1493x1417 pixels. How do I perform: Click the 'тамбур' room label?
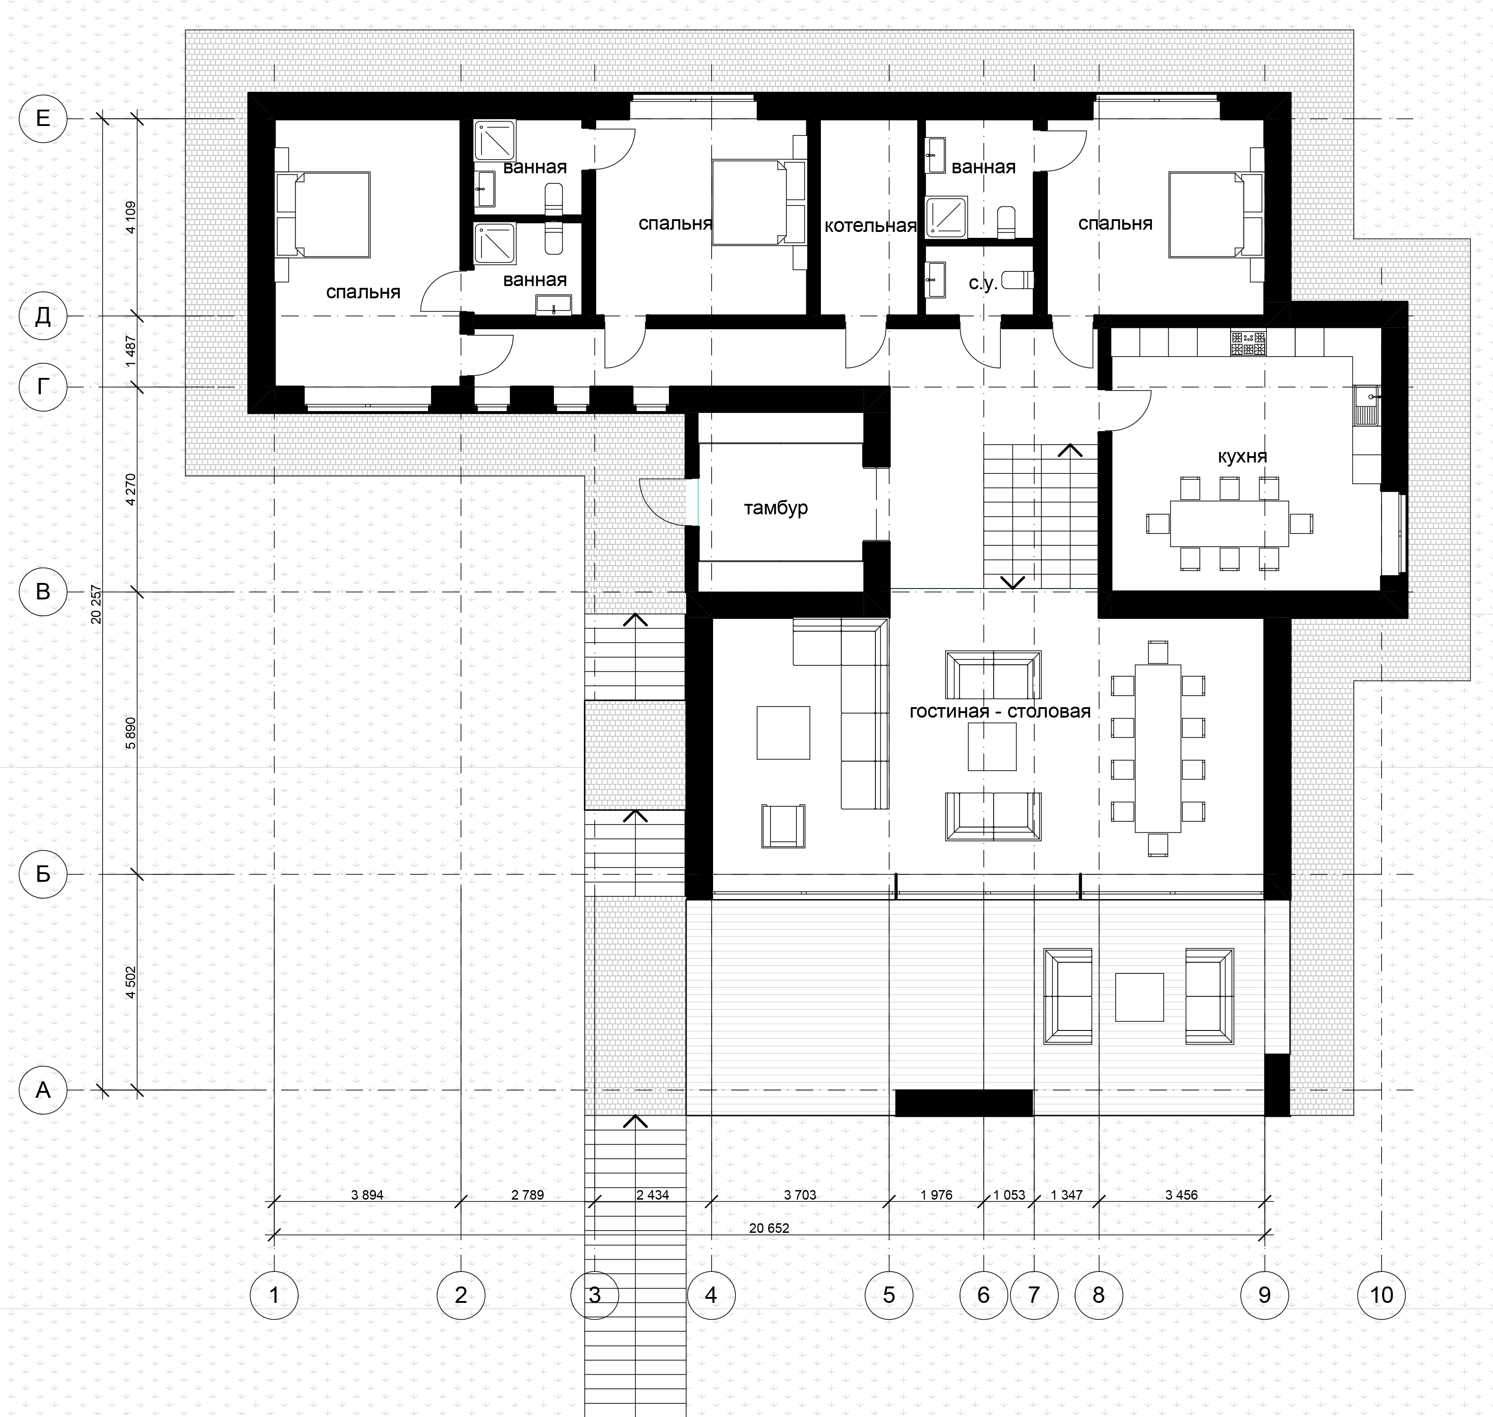(x=775, y=508)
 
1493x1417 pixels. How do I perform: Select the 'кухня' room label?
(x=1242, y=456)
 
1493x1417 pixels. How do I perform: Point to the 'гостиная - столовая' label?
(x=1000, y=711)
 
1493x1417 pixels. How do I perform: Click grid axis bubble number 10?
(x=1381, y=1295)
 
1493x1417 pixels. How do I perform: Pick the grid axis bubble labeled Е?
(x=43, y=119)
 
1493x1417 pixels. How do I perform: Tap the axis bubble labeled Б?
(x=43, y=874)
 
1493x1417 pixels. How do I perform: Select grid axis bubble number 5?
(x=889, y=1295)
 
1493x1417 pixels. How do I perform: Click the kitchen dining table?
(x=1229, y=523)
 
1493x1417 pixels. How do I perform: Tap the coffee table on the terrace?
(x=1139, y=997)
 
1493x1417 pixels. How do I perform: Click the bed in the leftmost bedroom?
(x=323, y=215)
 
